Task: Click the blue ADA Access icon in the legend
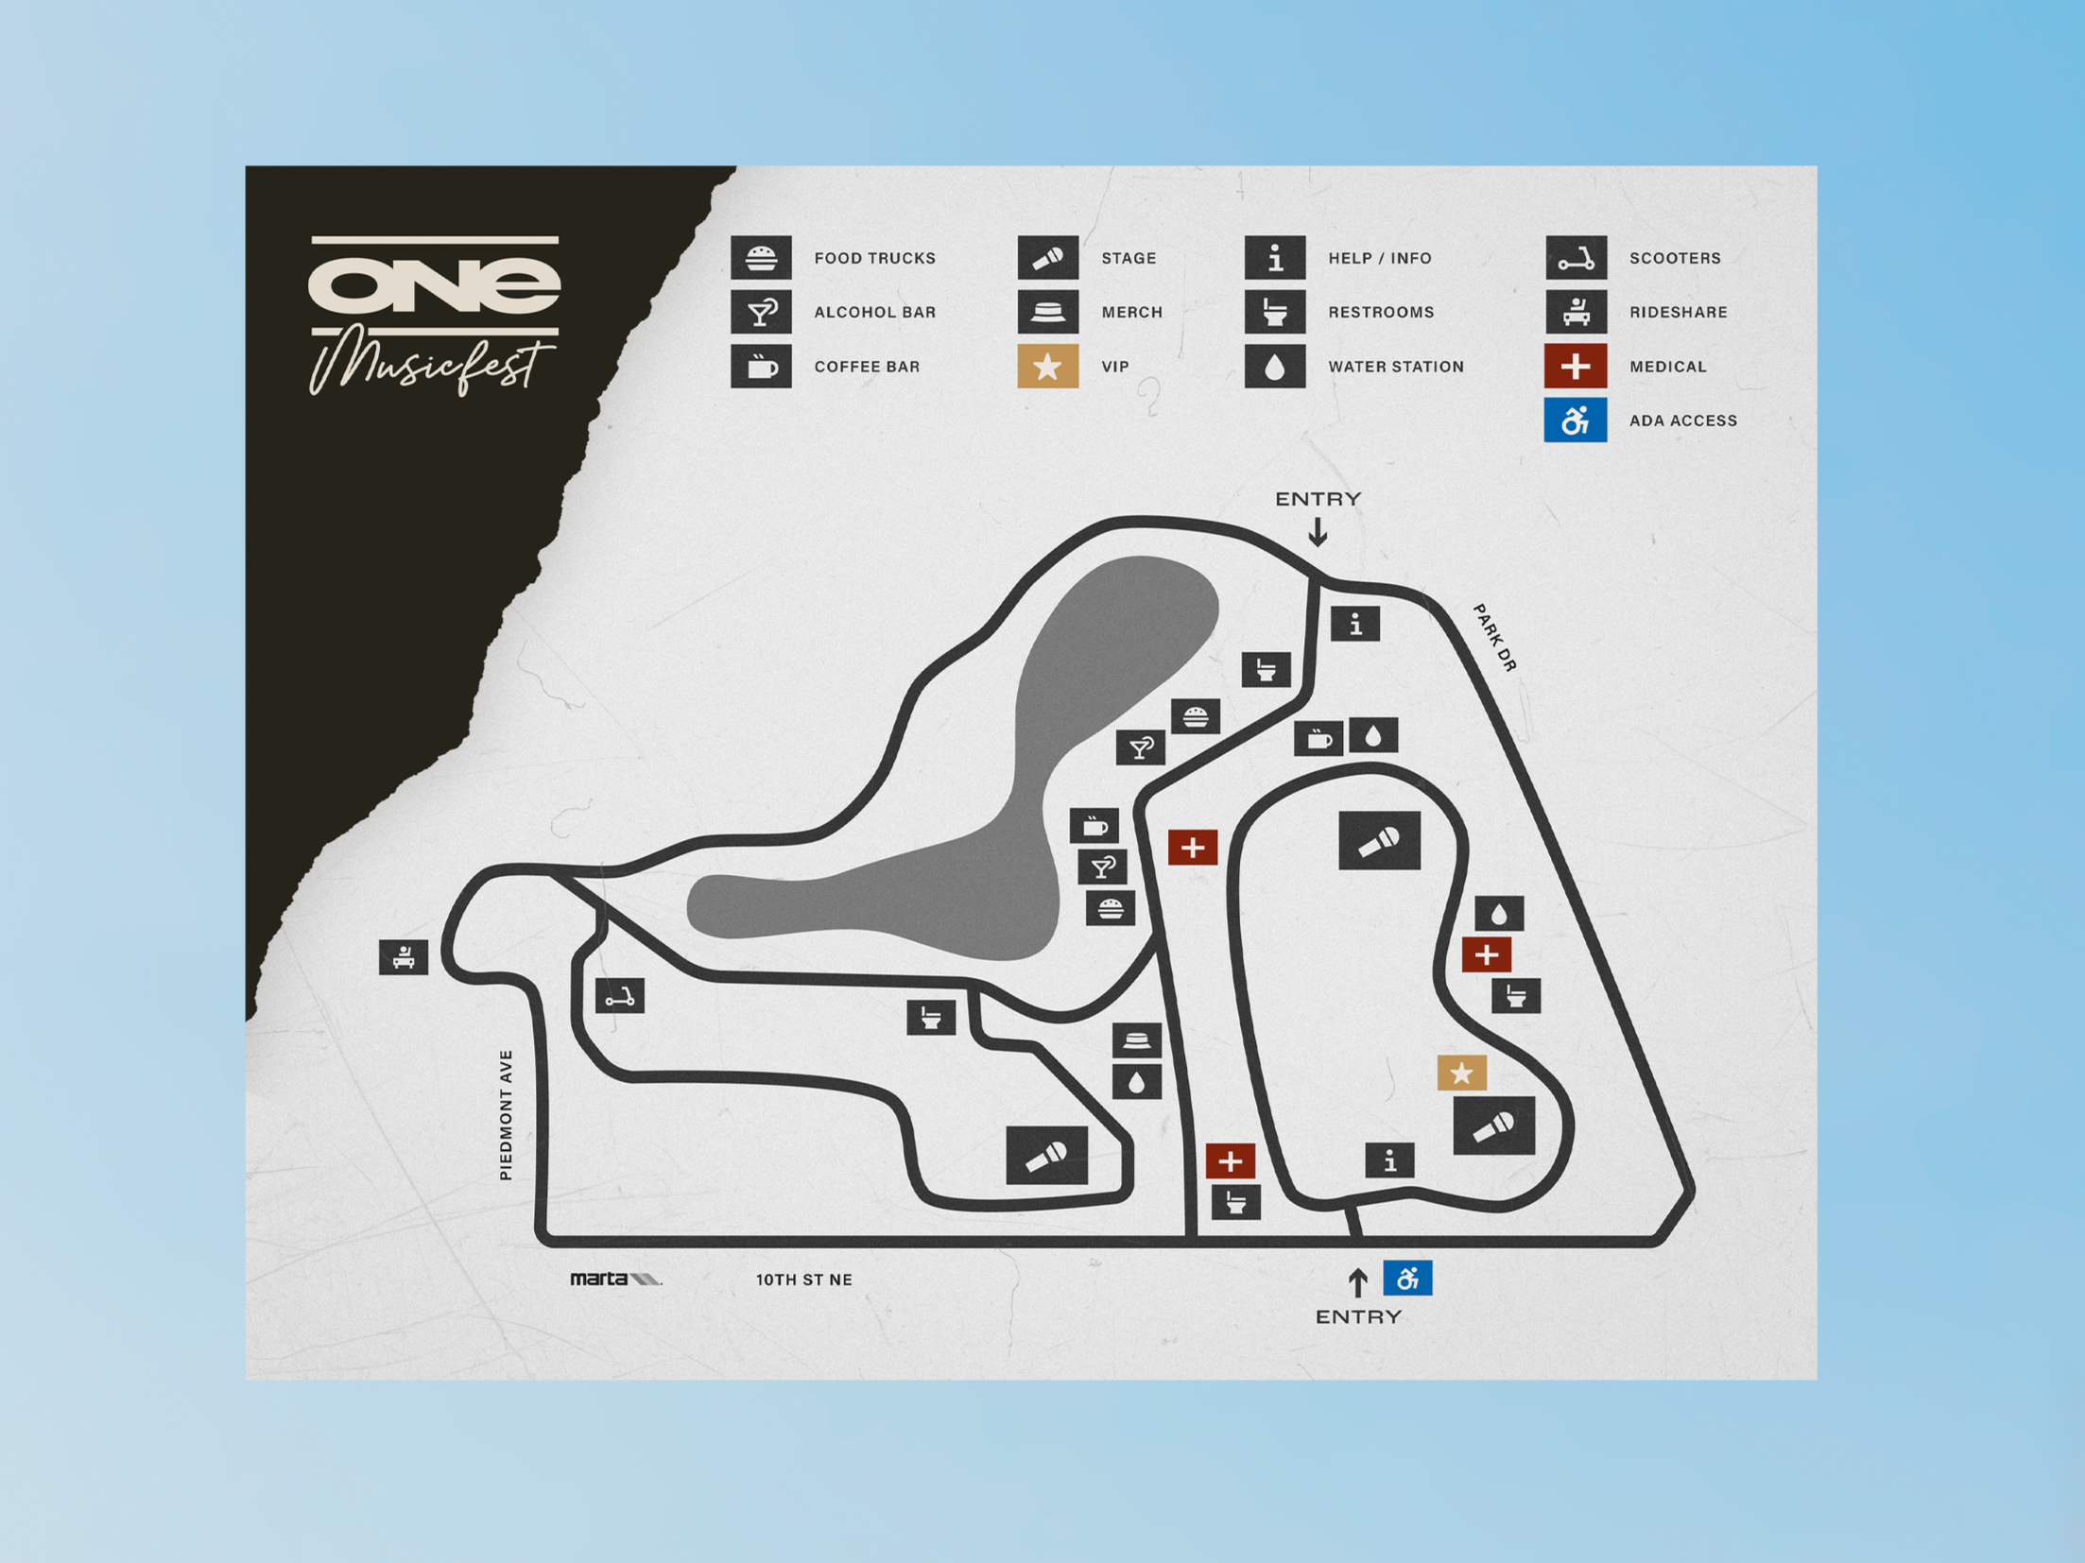coord(1575,420)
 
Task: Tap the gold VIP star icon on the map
coord(1461,1073)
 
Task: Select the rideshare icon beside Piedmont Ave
coord(404,956)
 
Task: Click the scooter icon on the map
coord(620,996)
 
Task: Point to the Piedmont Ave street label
coord(507,1115)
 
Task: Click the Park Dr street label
coord(1494,638)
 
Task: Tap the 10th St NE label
coord(803,1280)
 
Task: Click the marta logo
coord(615,1279)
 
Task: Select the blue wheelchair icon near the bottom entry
coord(1407,1278)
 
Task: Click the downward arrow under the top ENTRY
coord(1318,534)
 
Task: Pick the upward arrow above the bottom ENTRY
coord(1357,1282)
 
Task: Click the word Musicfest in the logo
coord(431,364)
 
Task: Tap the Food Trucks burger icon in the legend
coord(761,258)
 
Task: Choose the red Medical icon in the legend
coord(1575,366)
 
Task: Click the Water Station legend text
coord(1395,367)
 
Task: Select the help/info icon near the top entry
coord(1355,624)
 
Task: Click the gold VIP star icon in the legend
coord(1047,366)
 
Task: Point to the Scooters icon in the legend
coord(1576,258)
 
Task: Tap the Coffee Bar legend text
coord(867,367)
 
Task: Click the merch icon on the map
coord(1136,1040)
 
